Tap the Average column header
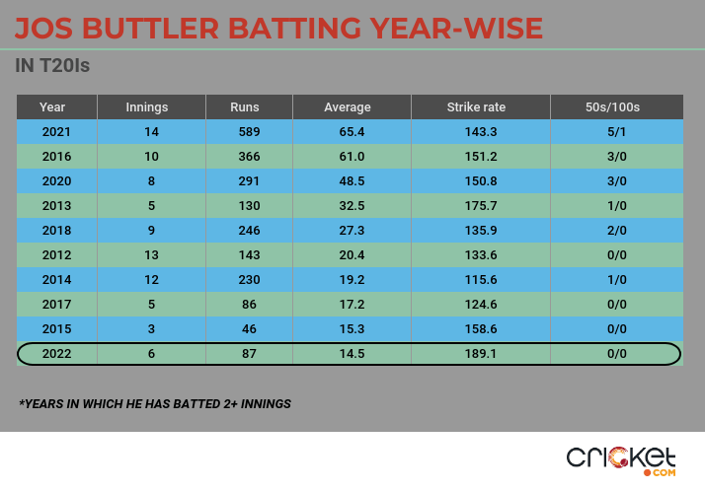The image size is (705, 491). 348,106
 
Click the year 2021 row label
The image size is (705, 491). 55,131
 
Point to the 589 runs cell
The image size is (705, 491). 246,131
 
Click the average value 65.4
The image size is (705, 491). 348,131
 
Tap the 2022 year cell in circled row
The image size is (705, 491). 55,353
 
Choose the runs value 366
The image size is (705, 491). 246,156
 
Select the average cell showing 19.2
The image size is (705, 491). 348,279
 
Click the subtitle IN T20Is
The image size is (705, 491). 55,67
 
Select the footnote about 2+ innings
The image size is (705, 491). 155,404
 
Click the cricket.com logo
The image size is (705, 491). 621,459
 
